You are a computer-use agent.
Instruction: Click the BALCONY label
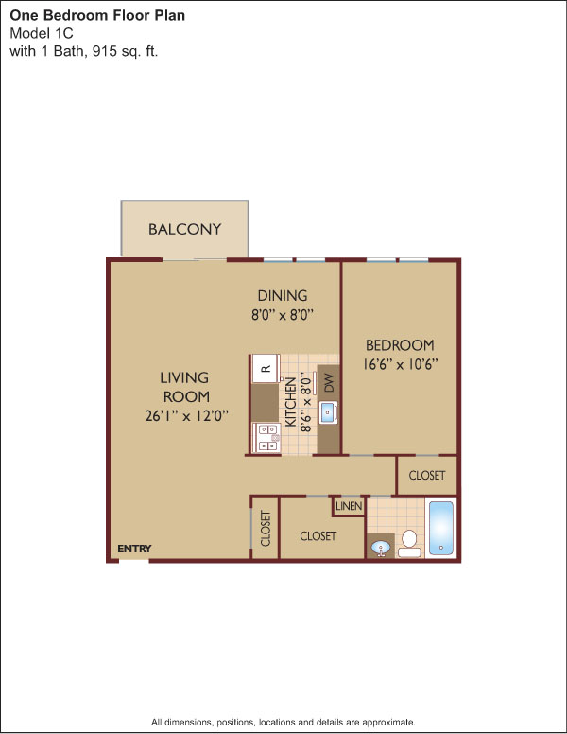coord(184,229)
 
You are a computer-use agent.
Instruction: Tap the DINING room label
coord(283,295)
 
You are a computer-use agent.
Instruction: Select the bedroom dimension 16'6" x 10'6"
coord(401,364)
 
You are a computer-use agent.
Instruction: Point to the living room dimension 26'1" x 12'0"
coord(187,415)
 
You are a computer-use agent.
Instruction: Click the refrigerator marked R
coord(266,369)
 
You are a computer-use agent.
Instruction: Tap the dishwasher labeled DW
coord(329,382)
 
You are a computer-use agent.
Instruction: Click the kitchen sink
coord(329,412)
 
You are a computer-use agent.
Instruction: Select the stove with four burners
coord(266,438)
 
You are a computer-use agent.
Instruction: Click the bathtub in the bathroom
coord(441,529)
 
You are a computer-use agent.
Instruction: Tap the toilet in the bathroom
coord(409,544)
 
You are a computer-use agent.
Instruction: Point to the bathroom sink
coord(381,547)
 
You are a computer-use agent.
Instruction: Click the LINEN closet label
coord(349,506)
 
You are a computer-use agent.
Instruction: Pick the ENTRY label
coord(134,549)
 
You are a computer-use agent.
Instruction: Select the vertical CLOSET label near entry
coord(266,529)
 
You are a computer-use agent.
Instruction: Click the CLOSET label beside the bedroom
coord(426,476)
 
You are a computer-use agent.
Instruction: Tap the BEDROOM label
coord(400,345)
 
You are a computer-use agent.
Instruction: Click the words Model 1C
coord(42,34)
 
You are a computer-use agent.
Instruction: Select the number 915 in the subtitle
coord(104,51)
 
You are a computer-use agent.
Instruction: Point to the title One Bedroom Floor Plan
coord(97,15)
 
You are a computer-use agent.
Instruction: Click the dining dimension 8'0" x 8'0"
coord(283,315)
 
